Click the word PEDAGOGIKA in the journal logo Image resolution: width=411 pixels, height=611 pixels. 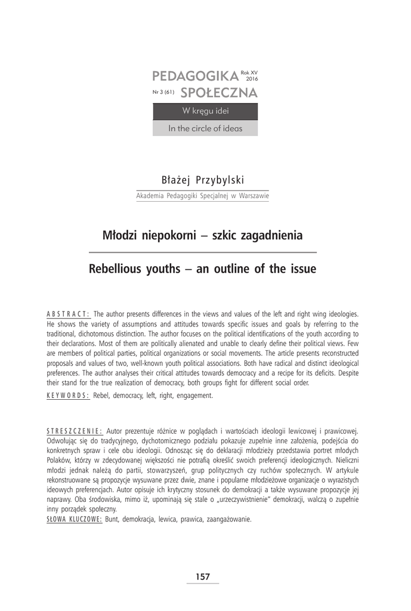click(194, 76)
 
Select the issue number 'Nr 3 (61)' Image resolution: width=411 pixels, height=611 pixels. click(163, 93)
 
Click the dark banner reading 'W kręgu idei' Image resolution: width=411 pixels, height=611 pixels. click(205, 112)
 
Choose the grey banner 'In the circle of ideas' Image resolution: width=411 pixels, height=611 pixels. click(205, 128)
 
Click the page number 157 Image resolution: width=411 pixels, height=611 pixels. click(203, 577)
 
